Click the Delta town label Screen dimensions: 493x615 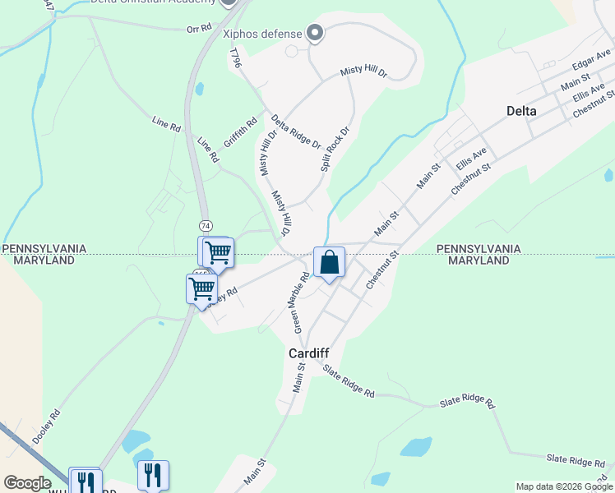tap(521, 111)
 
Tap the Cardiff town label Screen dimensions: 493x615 tap(309, 352)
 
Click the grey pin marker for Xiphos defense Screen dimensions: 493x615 tap(313, 33)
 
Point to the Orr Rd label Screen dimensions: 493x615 tap(199, 29)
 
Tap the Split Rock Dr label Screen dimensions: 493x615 tap(335, 149)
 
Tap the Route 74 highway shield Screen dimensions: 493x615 tap(206, 225)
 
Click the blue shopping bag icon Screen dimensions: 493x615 tap(329, 263)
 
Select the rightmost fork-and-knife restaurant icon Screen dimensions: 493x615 tap(153, 474)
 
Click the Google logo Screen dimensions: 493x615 tap(28, 483)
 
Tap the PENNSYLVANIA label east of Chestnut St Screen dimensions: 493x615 tap(479, 248)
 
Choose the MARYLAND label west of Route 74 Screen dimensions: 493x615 tap(44, 260)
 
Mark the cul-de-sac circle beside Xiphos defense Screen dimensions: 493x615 tap(291, 51)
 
